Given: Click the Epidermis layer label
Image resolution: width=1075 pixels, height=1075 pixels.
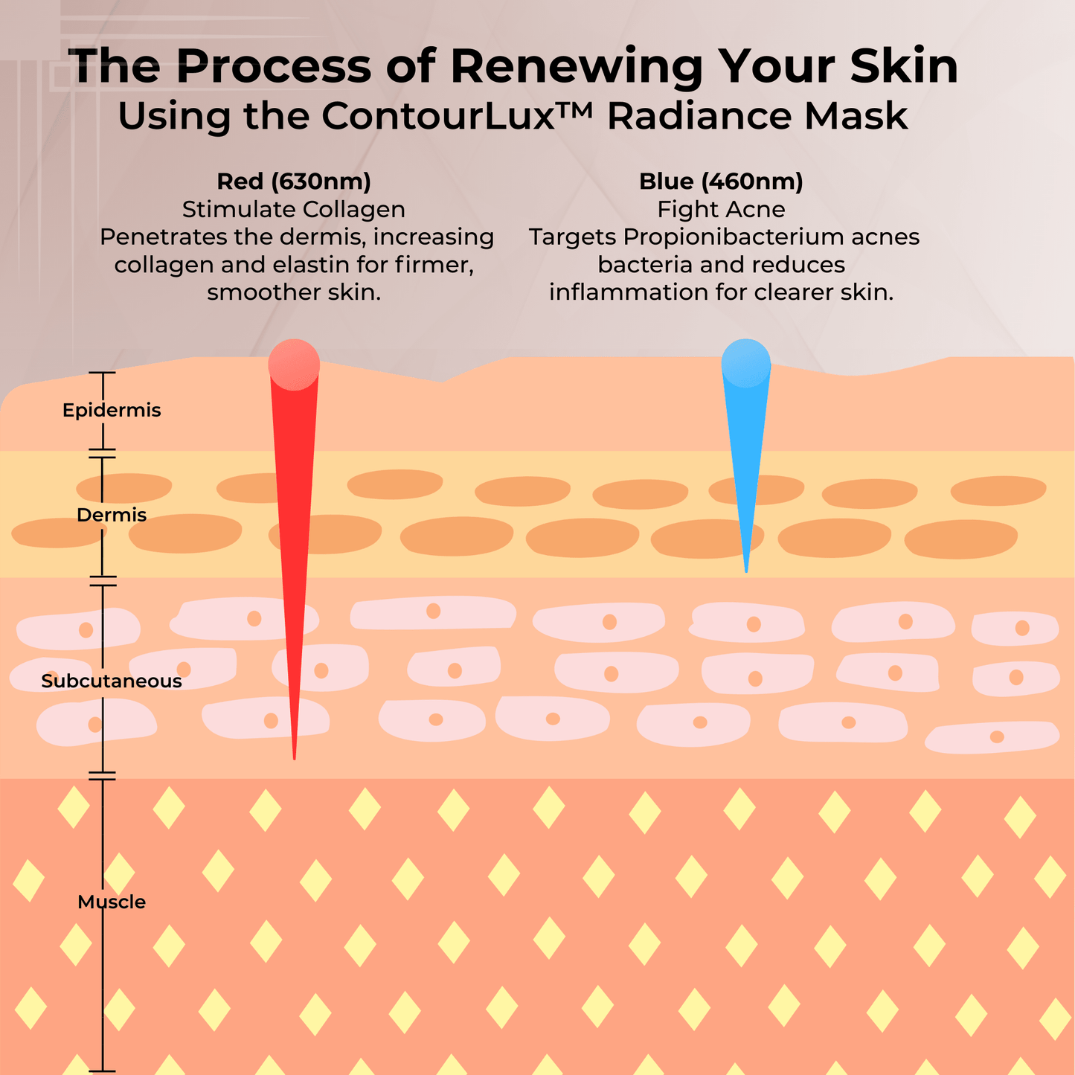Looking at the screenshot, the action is point(112,410).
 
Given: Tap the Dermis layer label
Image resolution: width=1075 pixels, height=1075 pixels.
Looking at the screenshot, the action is point(112,514).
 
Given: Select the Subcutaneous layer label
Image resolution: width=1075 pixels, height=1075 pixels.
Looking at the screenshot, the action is point(112,681).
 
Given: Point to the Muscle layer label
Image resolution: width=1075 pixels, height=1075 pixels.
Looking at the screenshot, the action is point(112,902).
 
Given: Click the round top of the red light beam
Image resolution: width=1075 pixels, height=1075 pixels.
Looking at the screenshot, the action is point(294,365).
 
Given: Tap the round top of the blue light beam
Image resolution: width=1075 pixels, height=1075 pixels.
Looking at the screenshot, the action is point(746,363).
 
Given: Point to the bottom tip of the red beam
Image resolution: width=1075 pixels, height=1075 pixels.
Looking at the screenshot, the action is point(295,759).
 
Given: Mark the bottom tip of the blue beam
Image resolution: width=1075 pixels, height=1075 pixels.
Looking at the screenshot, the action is point(746,572).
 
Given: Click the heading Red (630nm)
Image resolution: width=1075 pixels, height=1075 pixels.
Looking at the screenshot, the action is point(294,182).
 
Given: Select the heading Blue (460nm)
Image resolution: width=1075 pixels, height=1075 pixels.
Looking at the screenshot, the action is point(721,182).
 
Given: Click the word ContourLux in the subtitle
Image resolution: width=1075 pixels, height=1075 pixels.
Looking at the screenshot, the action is point(438,116).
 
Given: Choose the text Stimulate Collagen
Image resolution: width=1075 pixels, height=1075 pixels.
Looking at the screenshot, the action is point(294,209).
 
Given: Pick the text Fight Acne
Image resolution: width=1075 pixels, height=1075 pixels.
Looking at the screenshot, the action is point(721,209).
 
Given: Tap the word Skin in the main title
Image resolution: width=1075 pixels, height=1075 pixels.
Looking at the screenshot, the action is point(904,66).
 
